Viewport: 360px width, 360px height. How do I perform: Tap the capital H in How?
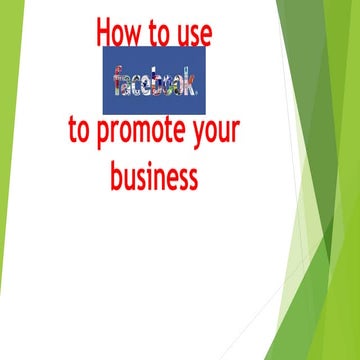tap(103, 33)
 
